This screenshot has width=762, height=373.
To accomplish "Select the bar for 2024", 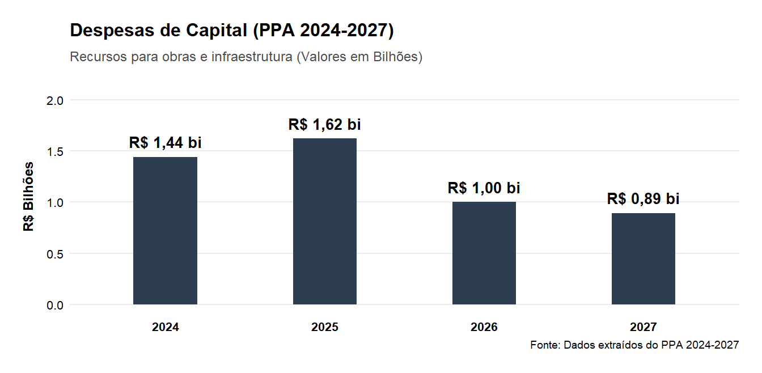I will point(165,231).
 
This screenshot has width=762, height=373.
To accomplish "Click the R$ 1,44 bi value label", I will point(165,143).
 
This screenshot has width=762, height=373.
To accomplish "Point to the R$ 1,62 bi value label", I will point(325,124).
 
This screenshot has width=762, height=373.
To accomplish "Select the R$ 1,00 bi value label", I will point(484,188).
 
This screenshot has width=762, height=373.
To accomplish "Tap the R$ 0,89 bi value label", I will point(644,199).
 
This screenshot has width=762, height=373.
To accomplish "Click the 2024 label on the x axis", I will point(165,327).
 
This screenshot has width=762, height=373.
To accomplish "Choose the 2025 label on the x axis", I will point(325,327).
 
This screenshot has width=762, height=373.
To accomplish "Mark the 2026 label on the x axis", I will point(484,327).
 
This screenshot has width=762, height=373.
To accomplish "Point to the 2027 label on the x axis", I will point(644,327).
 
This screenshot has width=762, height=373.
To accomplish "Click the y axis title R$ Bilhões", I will point(29,197).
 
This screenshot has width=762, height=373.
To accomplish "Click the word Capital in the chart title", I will point(214,31).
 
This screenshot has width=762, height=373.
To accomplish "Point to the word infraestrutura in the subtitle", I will point(251,57).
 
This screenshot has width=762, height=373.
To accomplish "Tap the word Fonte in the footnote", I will point(544,345).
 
